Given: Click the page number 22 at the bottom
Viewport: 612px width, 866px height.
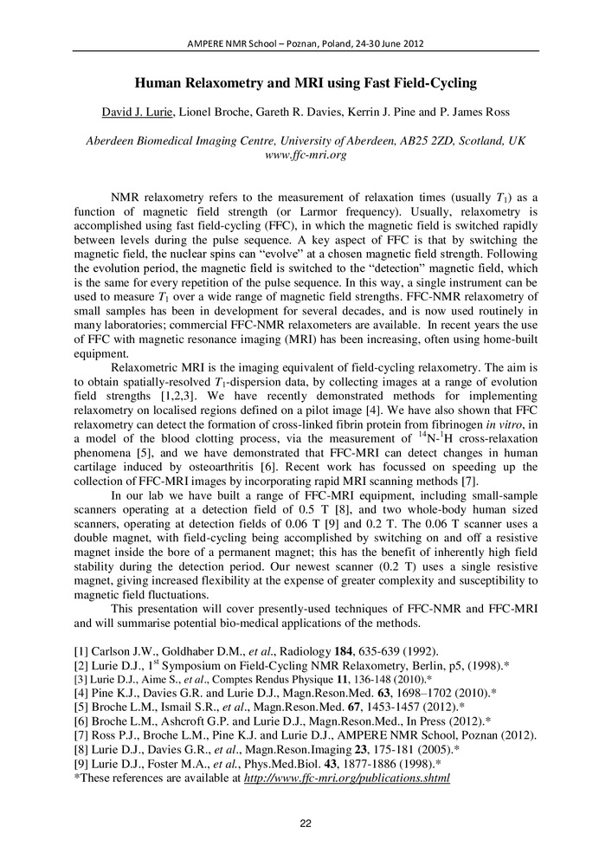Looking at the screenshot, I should point(306,824).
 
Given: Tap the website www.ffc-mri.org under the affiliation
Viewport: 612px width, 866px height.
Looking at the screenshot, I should point(306,156).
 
